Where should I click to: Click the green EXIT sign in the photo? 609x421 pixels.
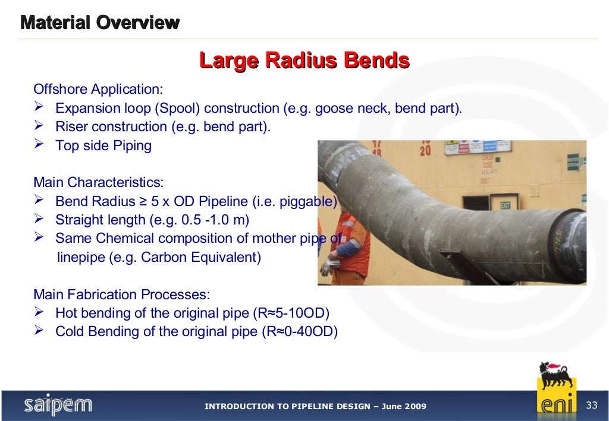click(x=506, y=205)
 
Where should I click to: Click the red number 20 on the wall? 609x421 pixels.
click(x=425, y=151)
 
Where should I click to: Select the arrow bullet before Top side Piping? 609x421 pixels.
click(x=40, y=145)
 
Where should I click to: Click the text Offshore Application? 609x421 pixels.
click(x=98, y=90)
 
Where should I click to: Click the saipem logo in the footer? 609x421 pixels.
click(x=58, y=405)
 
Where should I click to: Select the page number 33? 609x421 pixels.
click(x=591, y=406)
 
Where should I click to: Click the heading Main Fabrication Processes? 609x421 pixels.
click(x=121, y=295)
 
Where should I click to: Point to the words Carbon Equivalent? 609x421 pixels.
click(x=199, y=258)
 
